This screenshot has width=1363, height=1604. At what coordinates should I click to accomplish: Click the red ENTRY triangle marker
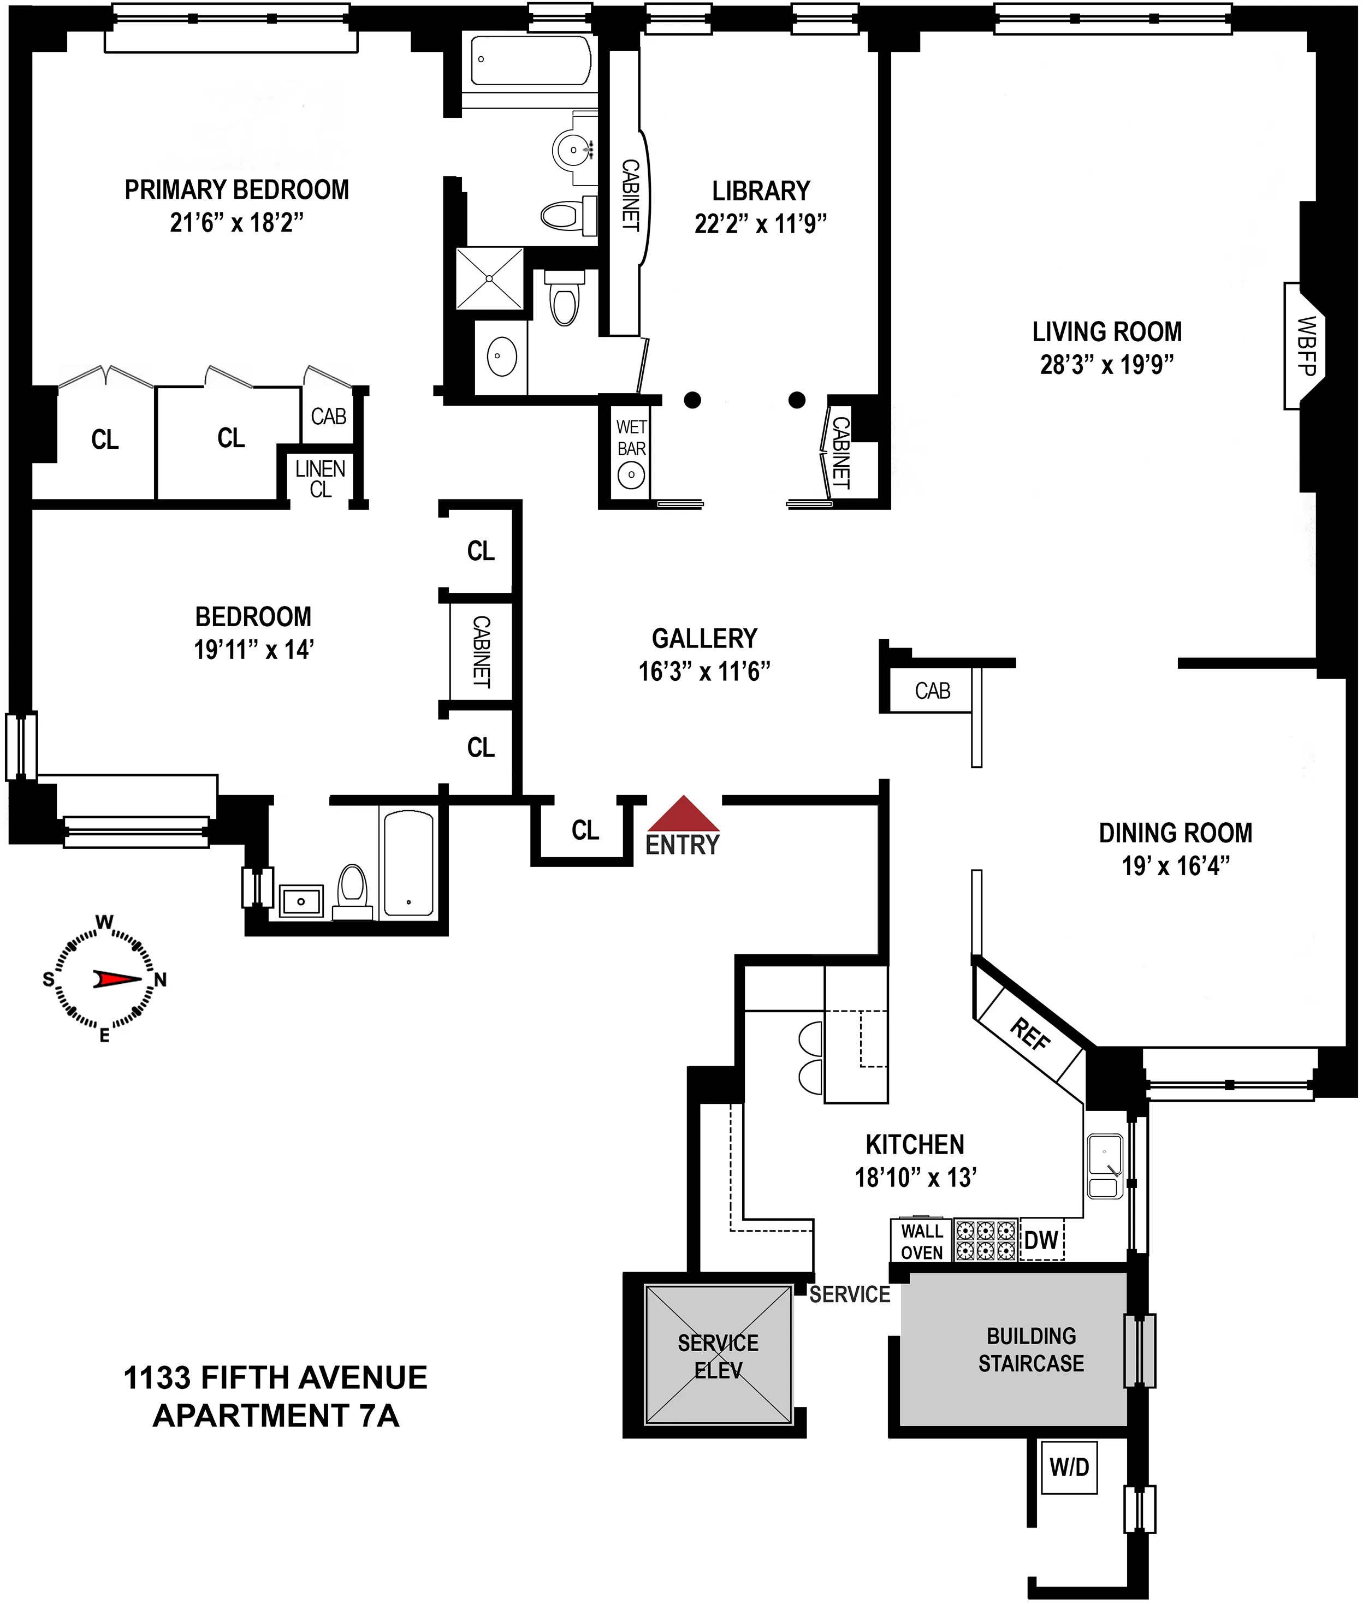[683, 815]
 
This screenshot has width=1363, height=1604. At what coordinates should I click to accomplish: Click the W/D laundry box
[1069, 1466]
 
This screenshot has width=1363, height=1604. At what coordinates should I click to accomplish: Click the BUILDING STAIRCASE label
[1031, 1349]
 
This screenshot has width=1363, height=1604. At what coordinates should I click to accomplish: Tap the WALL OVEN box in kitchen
[921, 1241]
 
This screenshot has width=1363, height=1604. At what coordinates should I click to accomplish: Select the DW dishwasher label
[1041, 1240]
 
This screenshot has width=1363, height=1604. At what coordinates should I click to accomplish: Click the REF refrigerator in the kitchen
[1030, 1034]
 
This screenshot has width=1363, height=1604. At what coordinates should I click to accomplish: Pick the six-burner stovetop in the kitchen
[985, 1240]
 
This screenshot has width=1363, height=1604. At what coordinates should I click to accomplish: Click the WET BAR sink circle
[631, 474]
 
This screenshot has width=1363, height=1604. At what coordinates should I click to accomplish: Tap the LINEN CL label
[320, 479]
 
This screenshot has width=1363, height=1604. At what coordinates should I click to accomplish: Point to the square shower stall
[490, 278]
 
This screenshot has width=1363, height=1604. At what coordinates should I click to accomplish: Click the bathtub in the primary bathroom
[531, 60]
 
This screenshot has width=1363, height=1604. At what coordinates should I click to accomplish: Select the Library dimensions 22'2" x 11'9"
[760, 224]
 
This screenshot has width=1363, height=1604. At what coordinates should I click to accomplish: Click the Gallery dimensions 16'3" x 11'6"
[704, 672]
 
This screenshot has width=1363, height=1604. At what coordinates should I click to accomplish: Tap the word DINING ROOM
[1175, 833]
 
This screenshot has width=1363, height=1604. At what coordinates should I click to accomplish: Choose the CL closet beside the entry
[585, 830]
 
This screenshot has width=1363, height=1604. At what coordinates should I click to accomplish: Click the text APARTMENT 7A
[276, 1416]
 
